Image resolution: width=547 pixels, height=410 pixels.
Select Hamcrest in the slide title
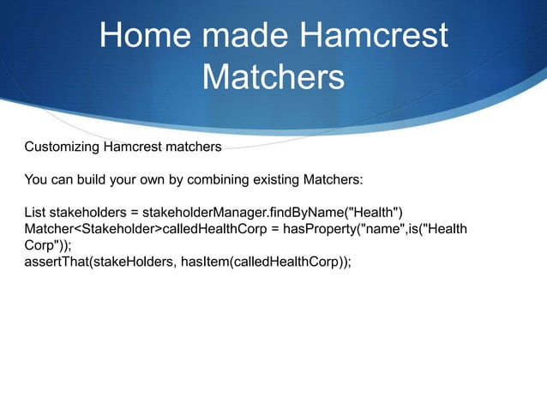point(373,36)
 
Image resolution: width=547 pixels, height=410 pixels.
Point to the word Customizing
point(63,148)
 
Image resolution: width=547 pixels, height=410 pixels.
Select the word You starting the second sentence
point(37,180)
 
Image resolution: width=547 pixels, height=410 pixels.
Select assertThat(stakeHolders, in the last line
point(101,262)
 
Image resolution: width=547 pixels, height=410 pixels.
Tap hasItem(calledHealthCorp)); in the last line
point(267,262)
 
